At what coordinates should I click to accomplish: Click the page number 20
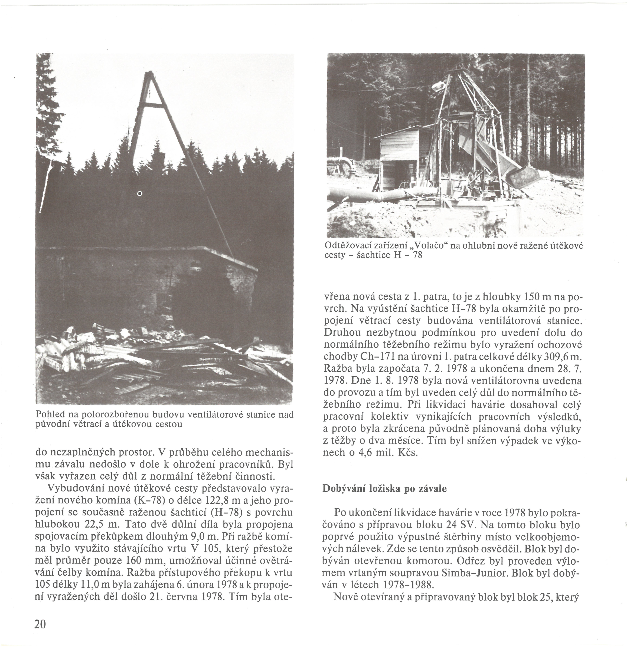tap(40, 624)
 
